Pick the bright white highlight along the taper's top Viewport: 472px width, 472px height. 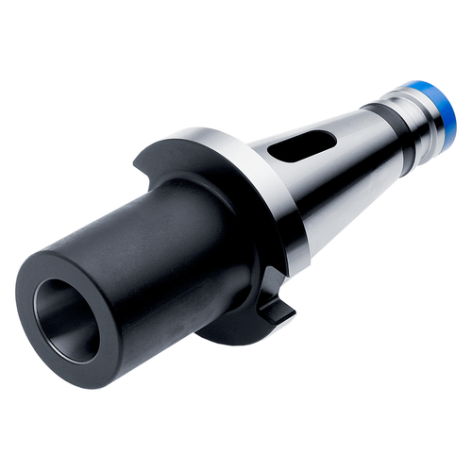(x=312, y=123)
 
